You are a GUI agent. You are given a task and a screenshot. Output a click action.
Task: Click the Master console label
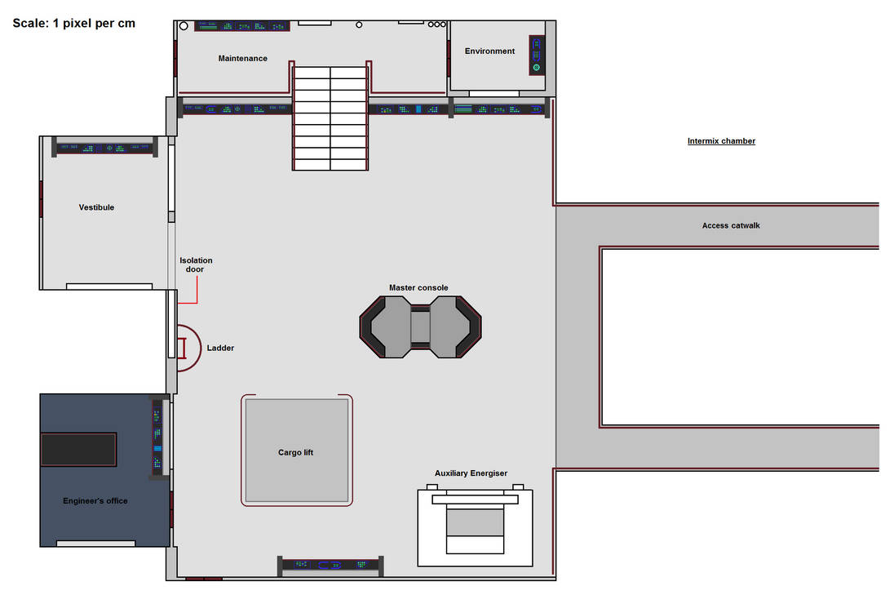tap(418, 288)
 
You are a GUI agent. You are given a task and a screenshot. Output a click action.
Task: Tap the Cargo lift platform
tap(297, 451)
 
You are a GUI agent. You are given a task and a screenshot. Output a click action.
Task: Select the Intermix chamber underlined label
tap(721, 141)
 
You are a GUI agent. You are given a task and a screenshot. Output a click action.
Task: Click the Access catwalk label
tap(730, 226)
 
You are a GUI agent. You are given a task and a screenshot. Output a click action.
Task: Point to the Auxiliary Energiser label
tap(471, 473)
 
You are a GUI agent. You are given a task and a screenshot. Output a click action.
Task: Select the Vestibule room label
tap(96, 207)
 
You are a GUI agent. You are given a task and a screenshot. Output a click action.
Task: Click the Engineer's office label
tap(95, 501)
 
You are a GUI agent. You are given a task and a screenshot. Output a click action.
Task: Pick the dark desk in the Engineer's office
tap(79, 450)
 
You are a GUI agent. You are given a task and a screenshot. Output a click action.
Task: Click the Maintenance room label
tap(242, 59)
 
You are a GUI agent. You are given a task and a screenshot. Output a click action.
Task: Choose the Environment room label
tap(489, 51)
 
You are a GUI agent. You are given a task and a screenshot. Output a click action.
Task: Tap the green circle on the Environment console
tap(537, 67)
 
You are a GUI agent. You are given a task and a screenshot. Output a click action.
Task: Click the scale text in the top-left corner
tap(74, 24)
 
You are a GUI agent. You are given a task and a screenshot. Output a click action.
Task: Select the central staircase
tap(330, 118)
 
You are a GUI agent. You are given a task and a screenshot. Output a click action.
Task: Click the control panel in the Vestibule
tap(104, 148)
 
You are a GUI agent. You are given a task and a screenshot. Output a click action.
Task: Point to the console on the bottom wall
tap(330, 564)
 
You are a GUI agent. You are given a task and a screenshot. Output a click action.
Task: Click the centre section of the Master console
tap(420, 326)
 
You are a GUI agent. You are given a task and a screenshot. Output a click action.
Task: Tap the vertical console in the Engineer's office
tap(157, 437)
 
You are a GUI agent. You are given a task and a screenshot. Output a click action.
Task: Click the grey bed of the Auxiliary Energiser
tap(475, 522)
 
